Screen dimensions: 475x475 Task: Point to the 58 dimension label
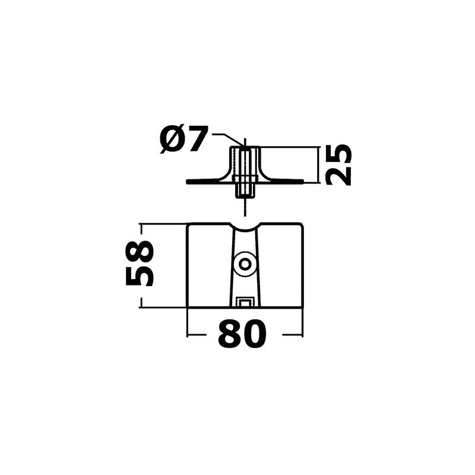click(x=141, y=264)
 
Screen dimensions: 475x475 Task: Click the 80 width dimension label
click(x=241, y=335)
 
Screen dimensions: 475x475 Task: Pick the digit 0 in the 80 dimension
click(x=254, y=335)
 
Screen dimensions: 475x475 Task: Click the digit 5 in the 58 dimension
click(x=141, y=275)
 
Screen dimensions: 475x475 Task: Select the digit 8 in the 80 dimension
click(x=229, y=335)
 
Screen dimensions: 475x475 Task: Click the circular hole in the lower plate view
click(x=245, y=264)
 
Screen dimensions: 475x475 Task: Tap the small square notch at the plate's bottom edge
click(x=244, y=303)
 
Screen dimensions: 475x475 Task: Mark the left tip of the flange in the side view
click(x=188, y=182)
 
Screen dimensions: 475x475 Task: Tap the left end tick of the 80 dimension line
click(x=188, y=335)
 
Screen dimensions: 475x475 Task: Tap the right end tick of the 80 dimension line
click(x=303, y=335)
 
